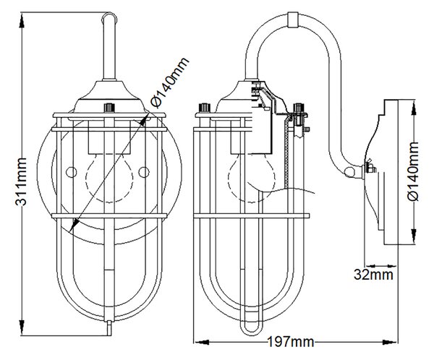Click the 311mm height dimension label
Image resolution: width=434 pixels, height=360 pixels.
(x=21, y=181)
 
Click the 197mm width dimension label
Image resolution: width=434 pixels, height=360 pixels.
(x=291, y=342)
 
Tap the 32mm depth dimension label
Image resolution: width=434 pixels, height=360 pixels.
(x=373, y=275)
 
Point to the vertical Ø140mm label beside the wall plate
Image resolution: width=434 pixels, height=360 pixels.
(x=413, y=171)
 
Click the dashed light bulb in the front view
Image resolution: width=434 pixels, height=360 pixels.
(x=109, y=177)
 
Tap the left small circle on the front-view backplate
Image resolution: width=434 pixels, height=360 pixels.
(x=71, y=172)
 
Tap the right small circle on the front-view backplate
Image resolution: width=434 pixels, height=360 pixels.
(x=144, y=172)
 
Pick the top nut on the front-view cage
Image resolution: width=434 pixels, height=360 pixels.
(x=109, y=108)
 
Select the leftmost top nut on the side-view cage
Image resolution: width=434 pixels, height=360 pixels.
(x=205, y=108)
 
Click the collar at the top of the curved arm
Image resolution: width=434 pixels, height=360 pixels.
(x=293, y=20)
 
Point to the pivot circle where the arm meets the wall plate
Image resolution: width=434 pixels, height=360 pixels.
(x=349, y=172)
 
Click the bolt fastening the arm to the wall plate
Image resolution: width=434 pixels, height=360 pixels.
(x=370, y=168)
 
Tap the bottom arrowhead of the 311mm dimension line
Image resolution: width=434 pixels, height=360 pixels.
(x=22, y=327)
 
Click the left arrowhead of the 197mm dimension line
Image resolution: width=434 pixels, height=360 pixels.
(x=201, y=343)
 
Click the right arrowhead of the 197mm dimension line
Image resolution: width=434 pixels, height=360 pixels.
(x=390, y=343)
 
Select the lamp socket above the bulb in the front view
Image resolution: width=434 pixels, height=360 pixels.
(x=109, y=137)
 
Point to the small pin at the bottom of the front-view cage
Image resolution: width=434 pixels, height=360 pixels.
(x=109, y=328)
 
